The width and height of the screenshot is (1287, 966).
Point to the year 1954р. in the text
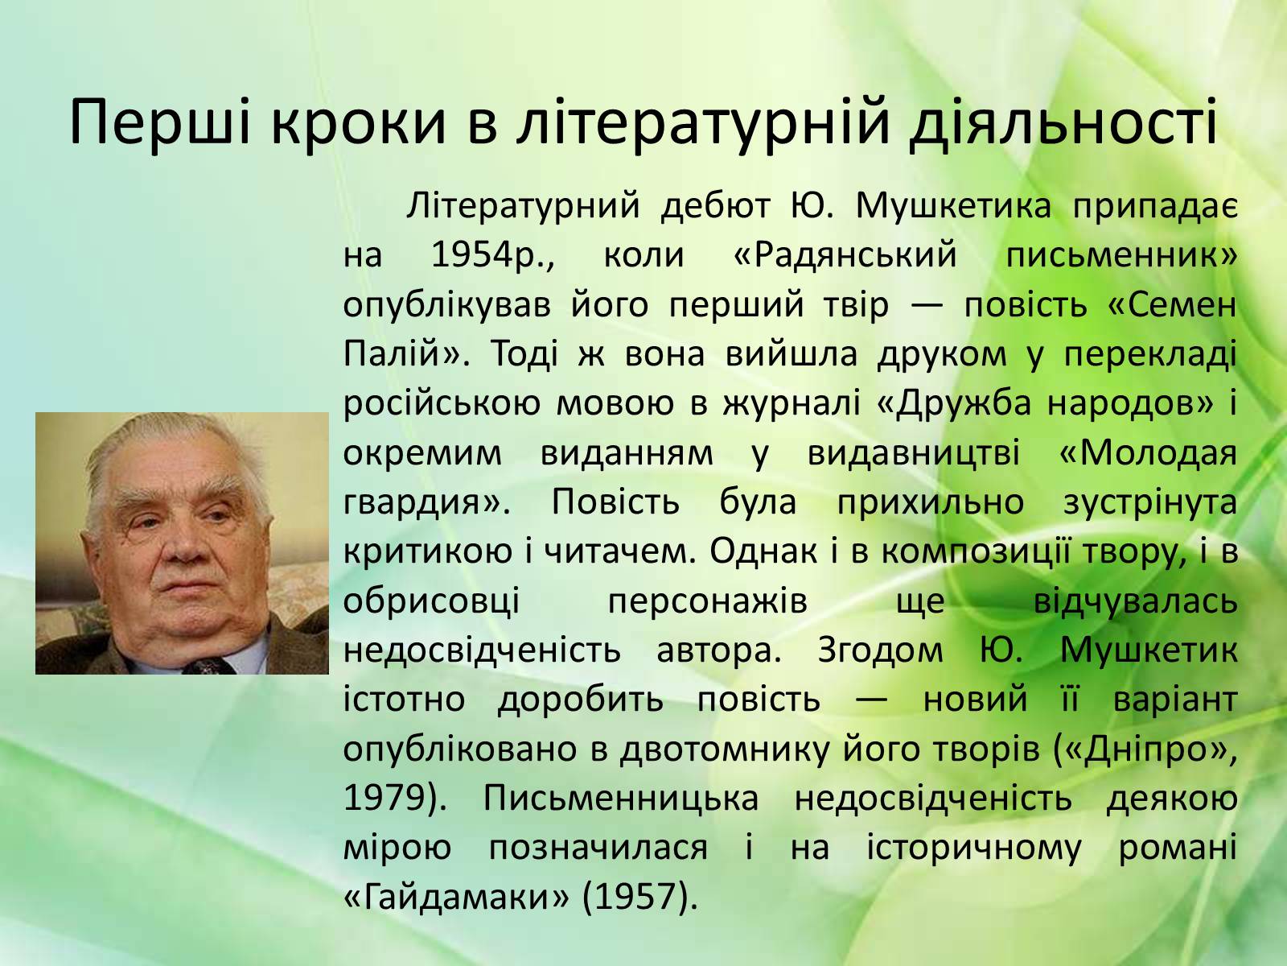pos(492,255)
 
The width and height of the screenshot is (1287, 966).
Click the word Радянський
pos(845,256)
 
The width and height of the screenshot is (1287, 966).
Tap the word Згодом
pos(880,650)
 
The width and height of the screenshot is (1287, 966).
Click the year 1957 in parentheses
pos(639,898)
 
